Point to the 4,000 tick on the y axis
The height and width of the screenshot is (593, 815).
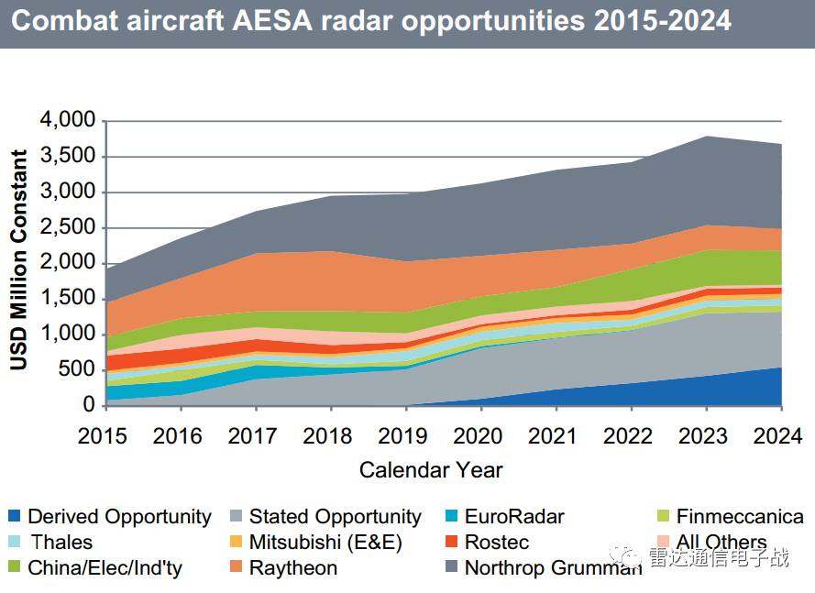point(69,121)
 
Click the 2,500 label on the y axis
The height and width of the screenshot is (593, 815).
point(69,227)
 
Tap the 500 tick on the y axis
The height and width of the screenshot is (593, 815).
point(79,369)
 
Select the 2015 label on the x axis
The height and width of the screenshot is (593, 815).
point(104,435)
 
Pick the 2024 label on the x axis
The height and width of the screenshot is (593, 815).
point(781,435)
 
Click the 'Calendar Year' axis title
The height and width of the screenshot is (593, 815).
point(431,470)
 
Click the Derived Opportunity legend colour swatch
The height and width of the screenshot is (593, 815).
point(15,517)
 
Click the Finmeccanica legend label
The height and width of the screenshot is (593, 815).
point(739,517)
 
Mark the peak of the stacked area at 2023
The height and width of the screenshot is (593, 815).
point(706,137)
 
